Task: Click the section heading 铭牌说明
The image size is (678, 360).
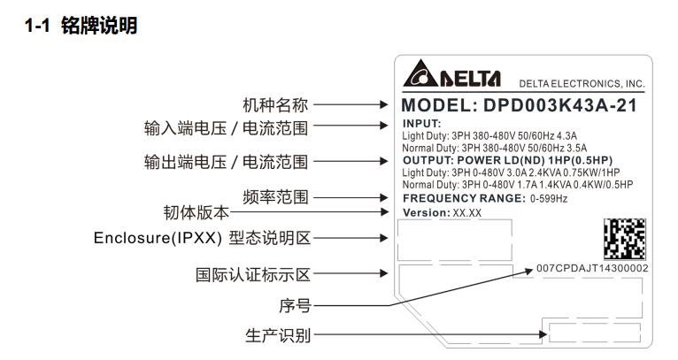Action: point(99,26)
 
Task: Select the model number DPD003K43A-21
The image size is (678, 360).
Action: point(560,105)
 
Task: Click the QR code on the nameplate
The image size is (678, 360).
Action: point(625,239)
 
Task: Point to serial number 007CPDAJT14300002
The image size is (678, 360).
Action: point(592,268)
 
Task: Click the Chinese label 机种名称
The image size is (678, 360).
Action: point(275,105)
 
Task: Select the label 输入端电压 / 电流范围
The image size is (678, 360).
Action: point(226,128)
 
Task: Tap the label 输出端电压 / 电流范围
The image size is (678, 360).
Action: point(226,162)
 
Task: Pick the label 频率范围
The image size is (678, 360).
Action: point(275,197)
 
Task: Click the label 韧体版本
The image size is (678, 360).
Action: point(196,212)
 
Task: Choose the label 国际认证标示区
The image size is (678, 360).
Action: point(253,274)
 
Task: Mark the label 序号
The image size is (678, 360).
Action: point(295,305)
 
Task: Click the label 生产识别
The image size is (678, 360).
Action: point(278,335)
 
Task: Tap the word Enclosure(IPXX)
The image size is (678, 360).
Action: point(158,238)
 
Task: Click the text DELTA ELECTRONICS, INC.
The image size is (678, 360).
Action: point(582,84)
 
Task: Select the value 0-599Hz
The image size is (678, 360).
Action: point(549,199)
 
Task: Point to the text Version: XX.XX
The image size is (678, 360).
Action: point(442,212)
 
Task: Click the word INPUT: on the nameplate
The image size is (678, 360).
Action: point(421,124)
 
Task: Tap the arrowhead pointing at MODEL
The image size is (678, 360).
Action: point(384,104)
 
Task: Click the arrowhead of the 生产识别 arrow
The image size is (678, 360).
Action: point(543,334)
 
